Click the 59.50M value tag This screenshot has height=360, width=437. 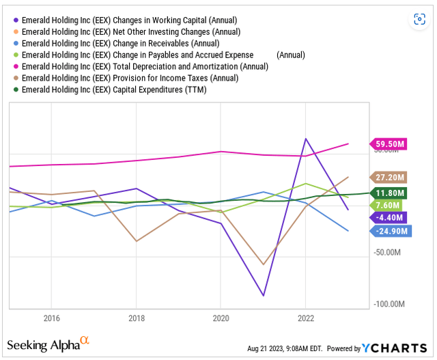pyautogui.click(x=391, y=144)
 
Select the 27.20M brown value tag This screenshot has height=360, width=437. pyautogui.click(x=391, y=177)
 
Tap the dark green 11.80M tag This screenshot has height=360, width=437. pyautogui.click(x=391, y=193)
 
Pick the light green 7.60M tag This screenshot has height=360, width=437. pyautogui.click(x=389, y=205)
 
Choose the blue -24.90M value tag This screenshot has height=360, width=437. pyautogui.click(x=393, y=232)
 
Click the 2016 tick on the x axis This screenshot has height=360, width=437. pyautogui.click(x=51, y=318)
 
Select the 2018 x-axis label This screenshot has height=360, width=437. pyautogui.click(x=136, y=318)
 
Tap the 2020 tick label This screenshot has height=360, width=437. pyautogui.click(x=220, y=318)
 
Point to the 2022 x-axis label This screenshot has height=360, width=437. pyautogui.click(x=305, y=318)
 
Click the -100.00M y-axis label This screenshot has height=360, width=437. pyautogui.click(x=391, y=304)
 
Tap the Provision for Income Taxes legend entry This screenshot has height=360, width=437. pyautogui.click(x=130, y=78)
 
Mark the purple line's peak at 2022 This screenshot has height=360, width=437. pyautogui.click(x=305, y=139)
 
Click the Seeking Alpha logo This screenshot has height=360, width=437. pyautogui.click(x=48, y=344)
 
